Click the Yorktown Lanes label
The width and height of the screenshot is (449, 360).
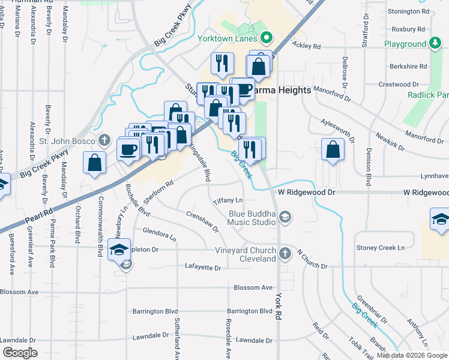pos(227,39)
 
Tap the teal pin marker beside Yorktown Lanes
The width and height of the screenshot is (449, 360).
pos(265,40)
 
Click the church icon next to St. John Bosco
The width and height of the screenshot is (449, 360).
pos(104,141)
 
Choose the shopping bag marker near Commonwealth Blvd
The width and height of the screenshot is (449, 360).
pos(95,163)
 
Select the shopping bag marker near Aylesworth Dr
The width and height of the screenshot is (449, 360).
pos(333,149)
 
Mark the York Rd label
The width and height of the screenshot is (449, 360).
pos(279,307)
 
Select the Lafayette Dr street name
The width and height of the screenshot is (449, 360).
pos(203,267)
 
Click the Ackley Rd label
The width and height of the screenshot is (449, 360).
pos(308,46)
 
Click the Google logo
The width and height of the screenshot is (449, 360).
pos(20,353)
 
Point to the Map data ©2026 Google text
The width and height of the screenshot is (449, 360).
pos(412,355)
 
